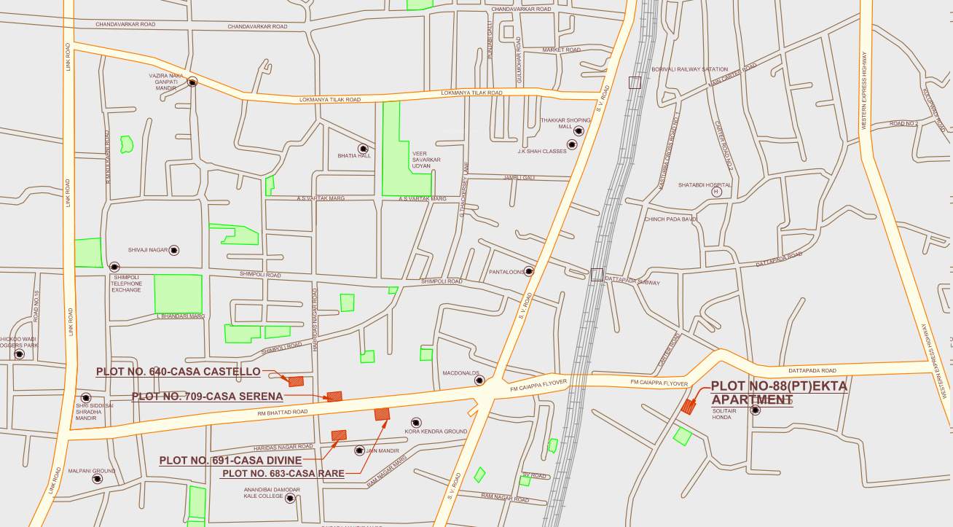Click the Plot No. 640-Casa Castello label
(x=178, y=372)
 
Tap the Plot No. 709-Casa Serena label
(x=207, y=397)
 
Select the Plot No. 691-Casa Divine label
(x=230, y=461)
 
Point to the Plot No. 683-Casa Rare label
(x=283, y=474)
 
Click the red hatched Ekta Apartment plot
(x=688, y=406)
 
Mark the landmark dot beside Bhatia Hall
(x=362, y=148)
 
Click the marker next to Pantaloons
(x=529, y=271)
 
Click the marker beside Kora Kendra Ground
(x=416, y=423)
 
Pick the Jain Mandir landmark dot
(x=359, y=450)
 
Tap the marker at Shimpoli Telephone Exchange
(x=114, y=267)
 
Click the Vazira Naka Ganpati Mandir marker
(x=192, y=82)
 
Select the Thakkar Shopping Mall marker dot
(x=579, y=131)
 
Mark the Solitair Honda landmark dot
(x=756, y=410)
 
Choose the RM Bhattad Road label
(x=282, y=413)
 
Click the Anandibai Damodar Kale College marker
(x=290, y=499)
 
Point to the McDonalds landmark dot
(x=479, y=380)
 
